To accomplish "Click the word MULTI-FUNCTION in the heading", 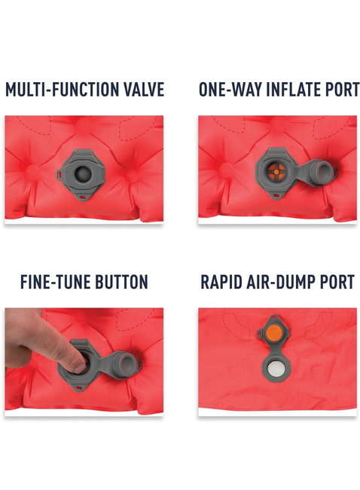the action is (x=63, y=90).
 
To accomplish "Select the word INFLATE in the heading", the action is (x=293, y=90).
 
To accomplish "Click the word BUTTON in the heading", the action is (x=122, y=282).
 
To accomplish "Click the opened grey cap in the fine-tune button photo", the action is (x=126, y=365).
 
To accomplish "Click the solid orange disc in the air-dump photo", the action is (x=275, y=332).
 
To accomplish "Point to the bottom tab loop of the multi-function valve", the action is (x=84, y=197).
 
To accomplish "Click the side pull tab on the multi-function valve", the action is (x=60, y=173).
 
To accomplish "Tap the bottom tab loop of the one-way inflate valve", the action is (x=275, y=196).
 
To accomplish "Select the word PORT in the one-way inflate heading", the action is (x=343, y=90).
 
